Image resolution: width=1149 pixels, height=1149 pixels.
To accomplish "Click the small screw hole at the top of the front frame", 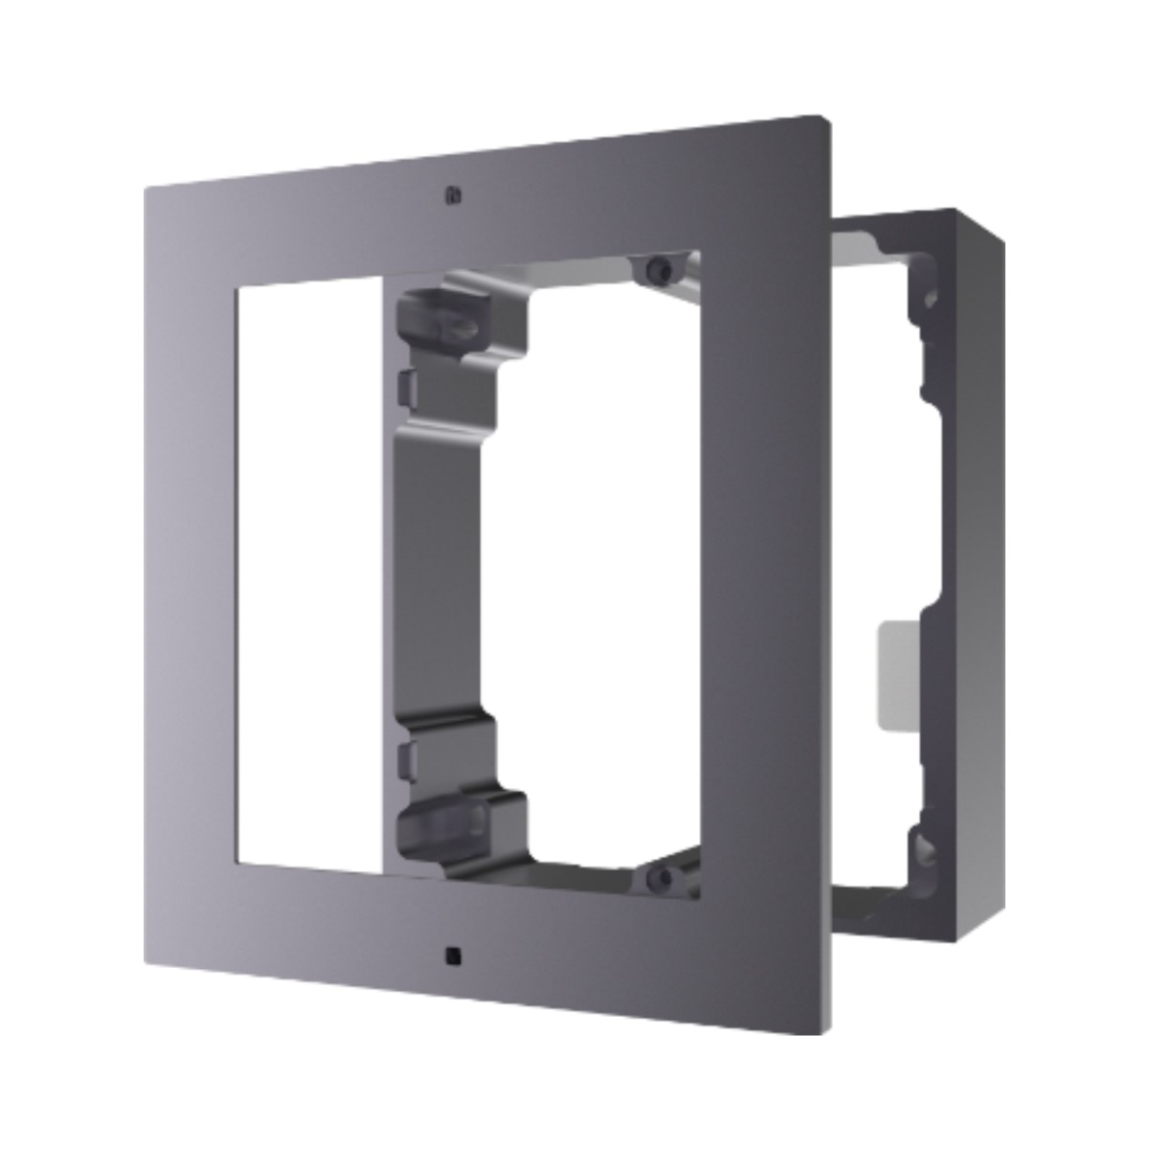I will [x=452, y=196].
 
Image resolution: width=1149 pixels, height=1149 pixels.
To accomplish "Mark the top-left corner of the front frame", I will [x=146, y=189].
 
